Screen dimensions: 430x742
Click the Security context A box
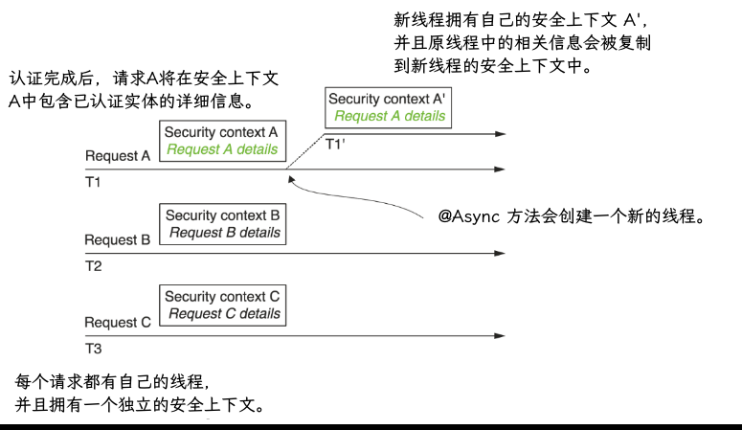pyautogui.click(x=221, y=141)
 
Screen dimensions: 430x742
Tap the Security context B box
pyautogui.click(x=222, y=224)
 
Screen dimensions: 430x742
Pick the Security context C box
pyautogui.click(x=222, y=305)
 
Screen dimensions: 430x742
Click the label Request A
pyautogui.click(x=118, y=156)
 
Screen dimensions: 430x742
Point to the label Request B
pyautogui.click(x=117, y=239)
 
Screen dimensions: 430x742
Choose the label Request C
pyautogui.click(x=117, y=323)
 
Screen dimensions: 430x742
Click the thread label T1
pyautogui.click(x=94, y=181)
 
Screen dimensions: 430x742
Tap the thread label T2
pyautogui.click(x=94, y=265)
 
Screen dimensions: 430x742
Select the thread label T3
pyautogui.click(x=94, y=348)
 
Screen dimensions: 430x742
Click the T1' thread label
pyautogui.click(x=334, y=145)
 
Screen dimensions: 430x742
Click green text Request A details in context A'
pyautogui.click(x=390, y=116)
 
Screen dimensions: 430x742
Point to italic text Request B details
pyautogui.click(x=224, y=233)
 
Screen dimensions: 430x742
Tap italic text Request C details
pyautogui.click(x=224, y=314)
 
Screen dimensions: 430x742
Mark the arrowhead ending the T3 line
pyautogui.click(x=499, y=336)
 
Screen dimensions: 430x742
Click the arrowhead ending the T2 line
pyautogui.click(x=499, y=254)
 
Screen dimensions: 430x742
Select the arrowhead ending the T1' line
pyautogui.click(x=499, y=136)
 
